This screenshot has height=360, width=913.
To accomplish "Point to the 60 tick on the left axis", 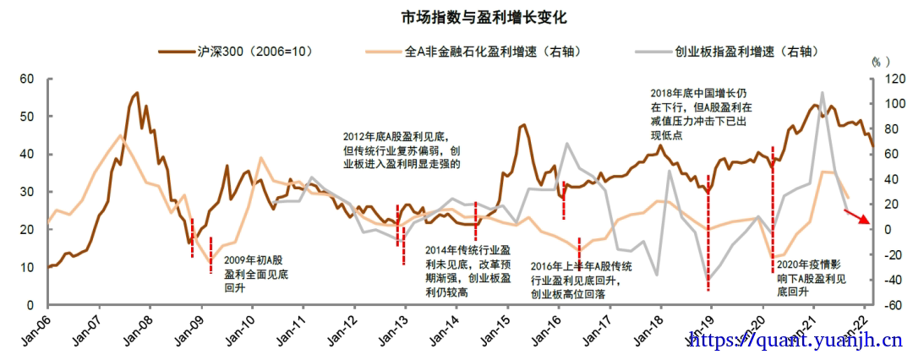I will click(x=26, y=79).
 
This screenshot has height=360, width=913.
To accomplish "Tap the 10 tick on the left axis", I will click(x=26, y=267).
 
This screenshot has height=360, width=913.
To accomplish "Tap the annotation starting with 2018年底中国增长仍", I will click(x=701, y=113).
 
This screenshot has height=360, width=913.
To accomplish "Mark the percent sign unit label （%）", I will click(x=880, y=62).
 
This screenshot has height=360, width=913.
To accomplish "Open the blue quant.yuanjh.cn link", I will click(x=795, y=341).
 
